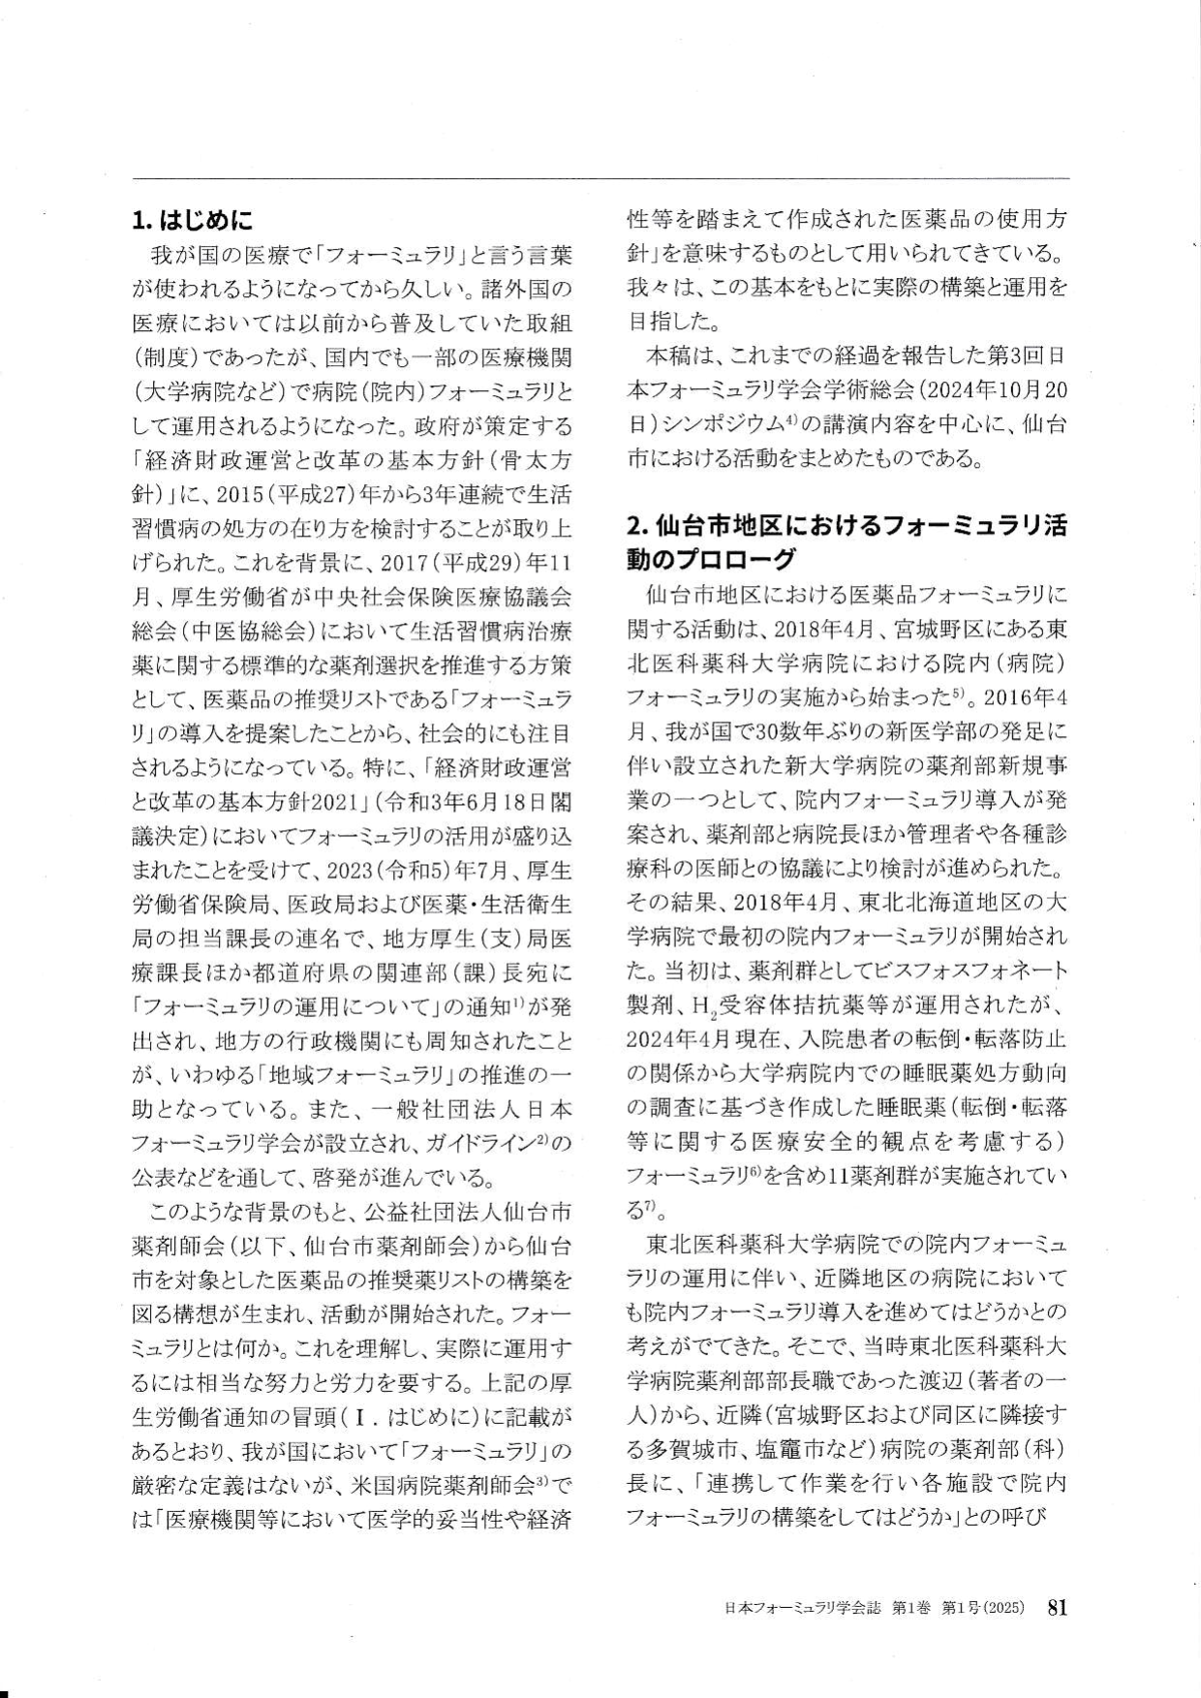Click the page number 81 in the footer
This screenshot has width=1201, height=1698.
(x=1057, y=1607)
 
